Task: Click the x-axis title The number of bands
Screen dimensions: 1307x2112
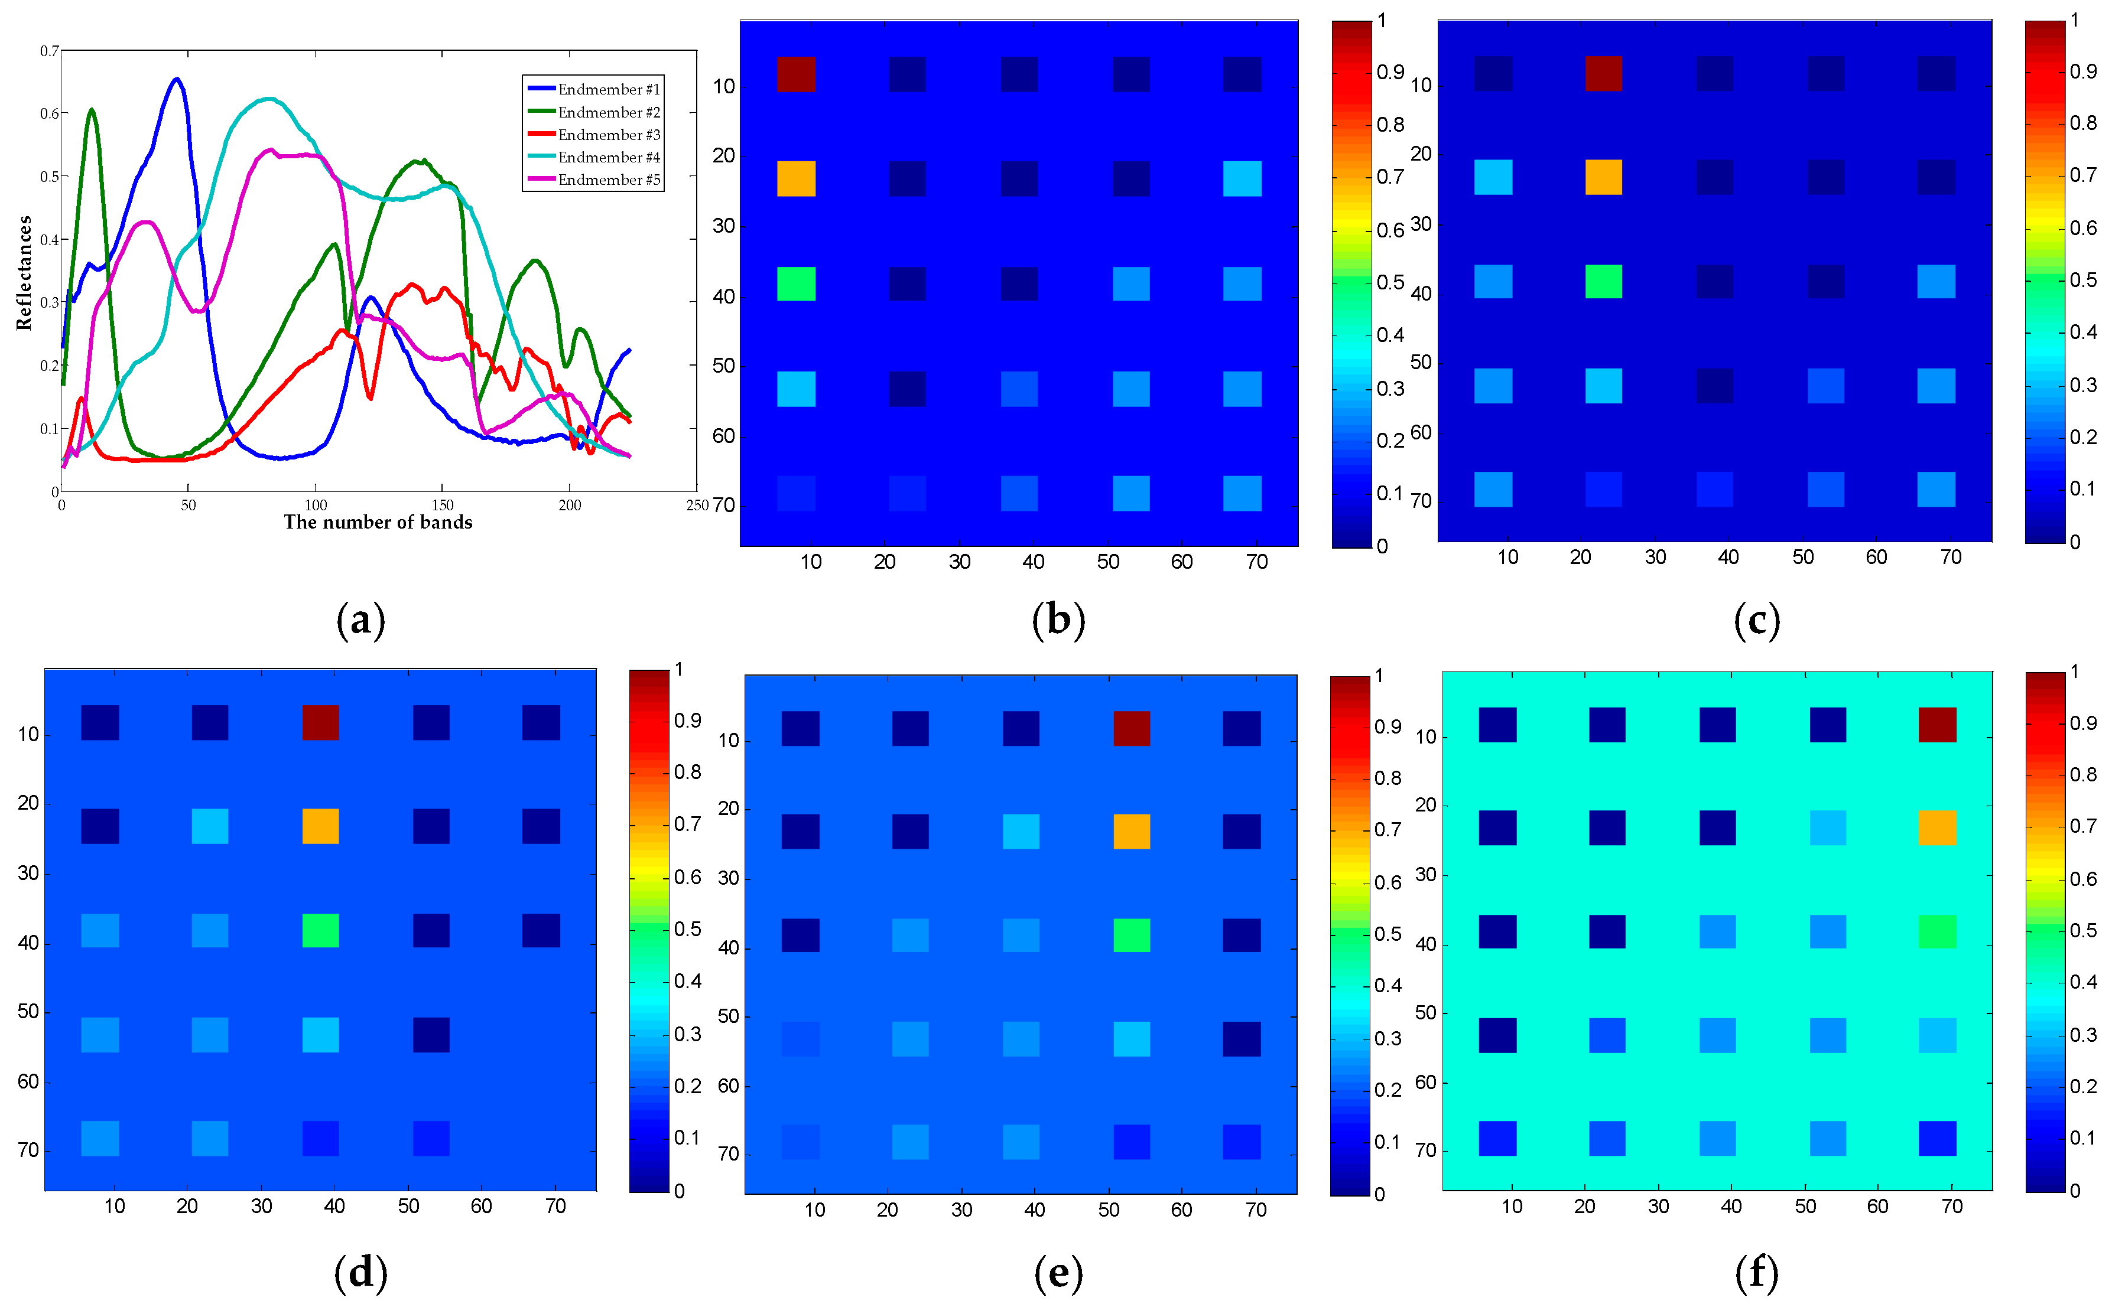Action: coord(378,522)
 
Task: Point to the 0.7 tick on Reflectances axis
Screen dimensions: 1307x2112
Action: coord(49,51)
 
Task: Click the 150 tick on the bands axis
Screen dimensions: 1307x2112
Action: coord(442,505)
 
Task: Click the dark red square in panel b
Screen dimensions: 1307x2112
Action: coord(795,74)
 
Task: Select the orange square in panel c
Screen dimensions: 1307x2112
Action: coord(1603,177)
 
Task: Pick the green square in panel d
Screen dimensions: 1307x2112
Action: coord(320,930)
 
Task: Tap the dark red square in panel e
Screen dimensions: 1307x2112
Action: coord(1130,729)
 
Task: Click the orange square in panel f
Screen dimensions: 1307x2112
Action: coord(1936,827)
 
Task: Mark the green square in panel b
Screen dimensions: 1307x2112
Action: coord(795,283)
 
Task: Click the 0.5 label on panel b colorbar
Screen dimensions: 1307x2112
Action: coord(1390,283)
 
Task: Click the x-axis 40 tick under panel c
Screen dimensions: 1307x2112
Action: coord(1727,558)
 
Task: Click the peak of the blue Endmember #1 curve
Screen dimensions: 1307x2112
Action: coord(177,79)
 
